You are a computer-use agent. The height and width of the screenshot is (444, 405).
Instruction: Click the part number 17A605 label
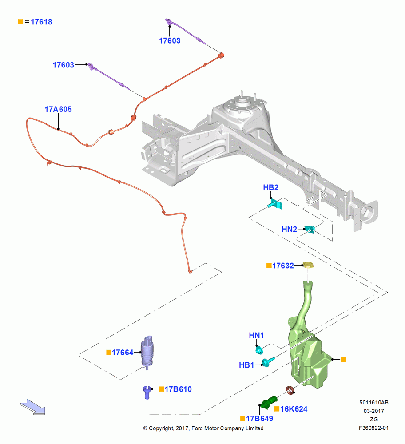[x=58, y=109]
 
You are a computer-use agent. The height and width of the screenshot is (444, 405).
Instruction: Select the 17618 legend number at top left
[x=41, y=22]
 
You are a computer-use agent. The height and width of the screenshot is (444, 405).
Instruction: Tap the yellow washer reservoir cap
[x=308, y=265]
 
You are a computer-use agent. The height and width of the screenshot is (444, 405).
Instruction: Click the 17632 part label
[x=283, y=266]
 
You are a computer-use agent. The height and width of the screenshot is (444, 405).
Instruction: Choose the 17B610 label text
[x=178, y=389]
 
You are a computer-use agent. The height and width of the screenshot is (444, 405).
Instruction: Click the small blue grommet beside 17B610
[x=147, y=392]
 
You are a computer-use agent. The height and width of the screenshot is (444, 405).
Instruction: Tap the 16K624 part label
[x=294, y=409]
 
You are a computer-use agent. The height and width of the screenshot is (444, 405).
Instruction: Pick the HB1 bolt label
[x=246, y=365]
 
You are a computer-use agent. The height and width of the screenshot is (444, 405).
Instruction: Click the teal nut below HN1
[x=259, y=350]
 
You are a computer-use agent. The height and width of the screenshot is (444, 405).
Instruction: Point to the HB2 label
[x=271, y=187]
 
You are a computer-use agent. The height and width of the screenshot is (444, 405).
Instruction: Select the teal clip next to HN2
[x=310, y=229]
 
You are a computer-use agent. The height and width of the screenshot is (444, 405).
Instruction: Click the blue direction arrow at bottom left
[x=32, y=407]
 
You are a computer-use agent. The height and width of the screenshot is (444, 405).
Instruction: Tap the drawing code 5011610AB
[x=374, y=403]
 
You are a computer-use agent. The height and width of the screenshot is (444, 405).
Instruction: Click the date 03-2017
[x=374, y=411]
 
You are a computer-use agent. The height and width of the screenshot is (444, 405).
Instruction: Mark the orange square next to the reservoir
[x=344, y=360]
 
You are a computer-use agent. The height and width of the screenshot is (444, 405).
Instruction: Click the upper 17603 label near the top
[x=170, y=41]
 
